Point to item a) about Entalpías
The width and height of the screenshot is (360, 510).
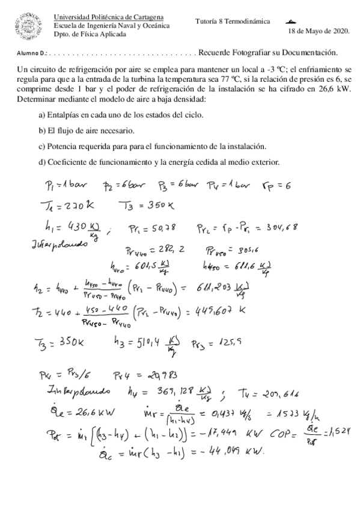click(124, 114)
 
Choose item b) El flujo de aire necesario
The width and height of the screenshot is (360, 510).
click(86, 130)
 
